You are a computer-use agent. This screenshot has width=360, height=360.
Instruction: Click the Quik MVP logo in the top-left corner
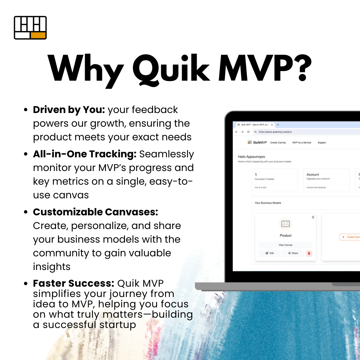(30, 28)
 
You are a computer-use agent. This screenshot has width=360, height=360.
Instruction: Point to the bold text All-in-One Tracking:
(85, 154)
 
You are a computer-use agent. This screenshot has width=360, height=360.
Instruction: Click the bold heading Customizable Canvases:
(95, 212)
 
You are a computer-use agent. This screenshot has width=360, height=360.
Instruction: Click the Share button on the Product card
(293, 253)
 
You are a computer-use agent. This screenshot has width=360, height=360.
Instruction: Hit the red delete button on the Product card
(309, 253)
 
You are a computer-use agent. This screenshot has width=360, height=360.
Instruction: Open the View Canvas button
(285, 245)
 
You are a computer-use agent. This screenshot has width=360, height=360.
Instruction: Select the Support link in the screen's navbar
(322, 143)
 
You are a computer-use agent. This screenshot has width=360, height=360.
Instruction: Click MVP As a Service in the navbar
(302, 143)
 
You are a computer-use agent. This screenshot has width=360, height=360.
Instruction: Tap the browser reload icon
(248, 132)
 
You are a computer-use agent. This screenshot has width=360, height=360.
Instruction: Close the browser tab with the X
(272, 125)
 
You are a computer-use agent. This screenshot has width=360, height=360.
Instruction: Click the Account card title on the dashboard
(313, 174)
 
